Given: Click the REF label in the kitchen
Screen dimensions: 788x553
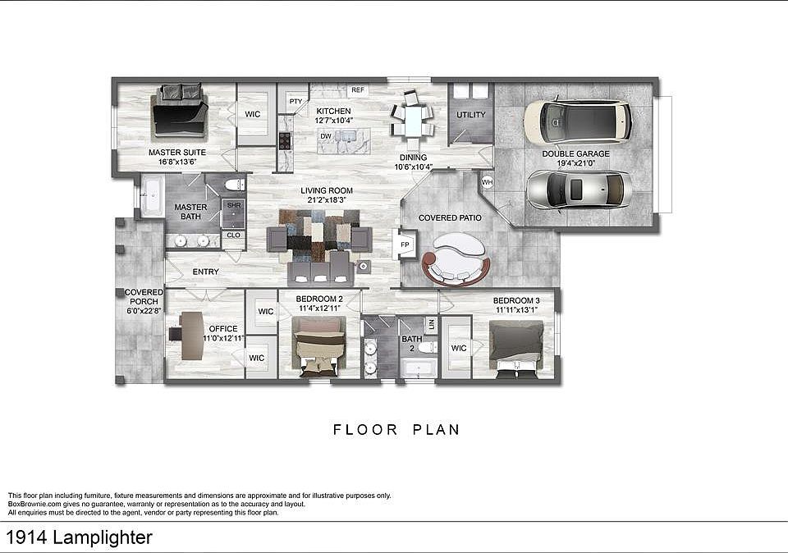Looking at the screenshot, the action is tap(358, 90).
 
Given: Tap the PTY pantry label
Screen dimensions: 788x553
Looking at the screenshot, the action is tap(296, 102).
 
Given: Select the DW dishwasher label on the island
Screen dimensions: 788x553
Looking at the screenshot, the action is tap(326, 136).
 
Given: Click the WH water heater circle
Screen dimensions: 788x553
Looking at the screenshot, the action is tap(487, 182).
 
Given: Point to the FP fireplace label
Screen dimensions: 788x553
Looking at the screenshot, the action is tap(405, 245).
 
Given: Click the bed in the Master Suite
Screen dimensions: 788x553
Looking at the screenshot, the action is tap(180, 112).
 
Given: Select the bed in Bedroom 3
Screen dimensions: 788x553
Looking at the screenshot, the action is tap(516, 350).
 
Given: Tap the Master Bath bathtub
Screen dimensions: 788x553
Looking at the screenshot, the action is tap(150, 195).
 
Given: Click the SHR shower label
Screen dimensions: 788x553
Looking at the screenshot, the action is tap(234, 205).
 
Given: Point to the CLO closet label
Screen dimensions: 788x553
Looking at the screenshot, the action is tap(234, 235).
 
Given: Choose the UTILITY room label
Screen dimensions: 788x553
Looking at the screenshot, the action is tap(471, 115).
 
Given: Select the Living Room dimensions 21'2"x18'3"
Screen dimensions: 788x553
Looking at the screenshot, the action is tap(327, 200).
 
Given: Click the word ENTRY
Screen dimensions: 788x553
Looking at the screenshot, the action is tap(205, 272).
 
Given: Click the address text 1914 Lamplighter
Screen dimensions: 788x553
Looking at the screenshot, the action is tap(80, 537).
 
